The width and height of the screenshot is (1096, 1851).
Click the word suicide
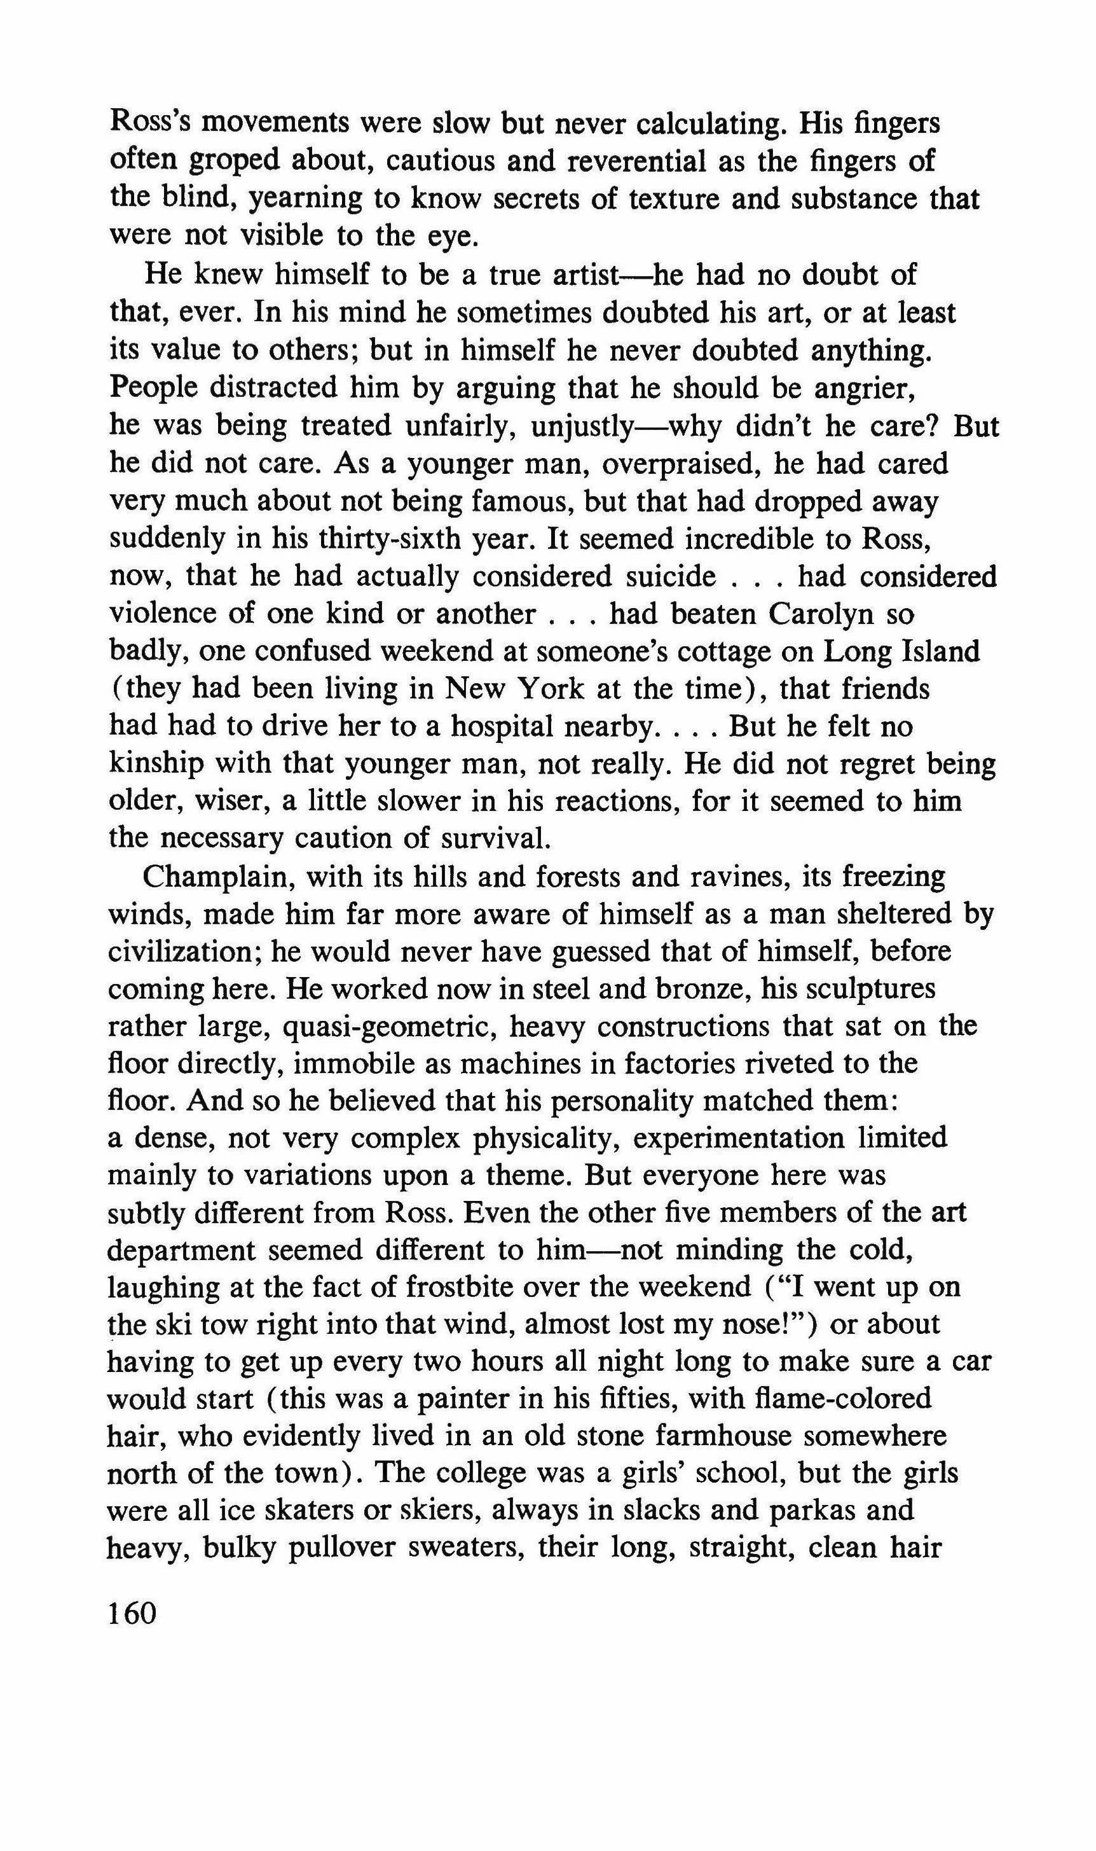668,576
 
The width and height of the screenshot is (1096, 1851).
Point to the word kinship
156,763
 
